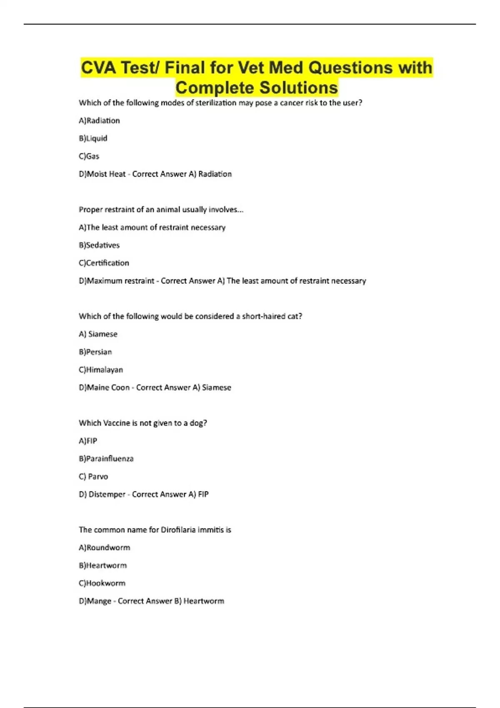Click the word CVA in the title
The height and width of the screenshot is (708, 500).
(98, 68)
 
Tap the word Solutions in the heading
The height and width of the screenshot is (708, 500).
(298, 88)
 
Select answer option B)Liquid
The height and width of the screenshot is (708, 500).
(93, 138)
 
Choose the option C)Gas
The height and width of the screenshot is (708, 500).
(89, 156)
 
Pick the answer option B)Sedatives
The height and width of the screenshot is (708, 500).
(99, 245)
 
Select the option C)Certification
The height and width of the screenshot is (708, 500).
(104, 263)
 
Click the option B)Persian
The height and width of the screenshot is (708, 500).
(95, 352)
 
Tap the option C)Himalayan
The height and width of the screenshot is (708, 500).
(101, 370)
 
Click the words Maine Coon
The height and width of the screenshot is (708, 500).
(108, 388)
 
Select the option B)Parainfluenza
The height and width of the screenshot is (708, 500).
(106, 459)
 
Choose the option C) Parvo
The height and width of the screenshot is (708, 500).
(93, 476)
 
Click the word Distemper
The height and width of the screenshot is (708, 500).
(107, 494)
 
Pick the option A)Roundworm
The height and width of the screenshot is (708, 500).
(104, 548)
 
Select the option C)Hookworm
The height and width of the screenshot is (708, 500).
(102, 583)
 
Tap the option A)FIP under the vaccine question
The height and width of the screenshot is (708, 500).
(88, 441)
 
